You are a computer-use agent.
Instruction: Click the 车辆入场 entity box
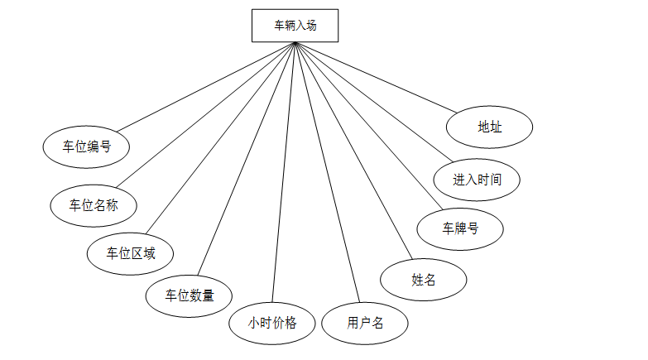pos(295,25)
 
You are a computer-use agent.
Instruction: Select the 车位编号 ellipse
pos(87,146)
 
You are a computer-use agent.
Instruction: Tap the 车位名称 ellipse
pos(94,204)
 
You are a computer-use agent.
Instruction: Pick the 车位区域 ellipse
pos(131,253)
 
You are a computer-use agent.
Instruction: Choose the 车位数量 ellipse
pos(189,295)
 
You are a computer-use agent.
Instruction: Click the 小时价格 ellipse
pos(272,323)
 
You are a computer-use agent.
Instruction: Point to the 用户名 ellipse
pos(365,323)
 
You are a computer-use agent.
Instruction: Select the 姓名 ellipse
pos(423,279)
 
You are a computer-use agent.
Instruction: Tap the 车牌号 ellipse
pos(460,228)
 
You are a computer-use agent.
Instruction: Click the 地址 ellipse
pos(489,127)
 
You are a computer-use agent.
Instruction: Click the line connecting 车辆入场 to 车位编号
pos(204,86)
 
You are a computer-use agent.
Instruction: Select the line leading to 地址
pos(375,77)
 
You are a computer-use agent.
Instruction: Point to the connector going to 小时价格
pos(283,172)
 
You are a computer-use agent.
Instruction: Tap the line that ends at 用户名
pos(327,172)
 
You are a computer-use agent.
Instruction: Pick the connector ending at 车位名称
pos(205,113)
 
